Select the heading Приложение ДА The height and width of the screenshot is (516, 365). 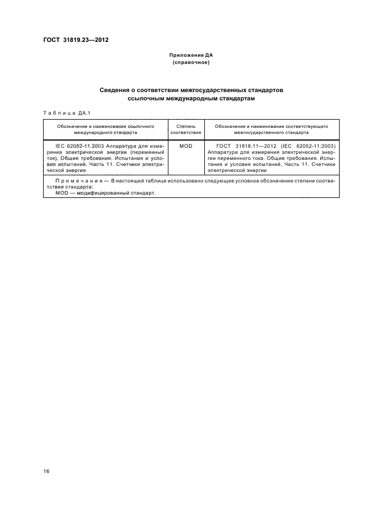pyautogui.click(x=191, y=56)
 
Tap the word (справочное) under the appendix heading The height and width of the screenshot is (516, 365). pyautogui.click(x=191, y=63)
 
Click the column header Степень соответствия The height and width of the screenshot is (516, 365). pyautogui.click(x=186, y=130)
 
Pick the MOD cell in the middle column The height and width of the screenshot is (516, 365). pyautogui.click(x=186, y=146)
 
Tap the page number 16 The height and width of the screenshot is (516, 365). pyautogui.click(x=46, y=471)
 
